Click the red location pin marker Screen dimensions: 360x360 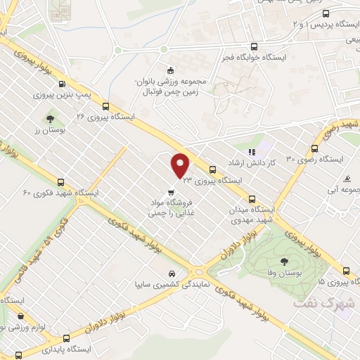[x=181, y=165]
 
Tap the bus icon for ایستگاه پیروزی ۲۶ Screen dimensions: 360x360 [x=105, y=108]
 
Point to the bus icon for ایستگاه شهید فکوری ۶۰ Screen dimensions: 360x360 [x=62, y=182]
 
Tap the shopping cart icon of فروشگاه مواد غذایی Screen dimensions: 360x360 [x=172, y=192]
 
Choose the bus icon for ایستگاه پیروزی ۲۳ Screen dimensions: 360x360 [x=212, y=169]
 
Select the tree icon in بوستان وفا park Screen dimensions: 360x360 [x=283, y=261]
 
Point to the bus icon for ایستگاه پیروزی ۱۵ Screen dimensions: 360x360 [x=345, y=271]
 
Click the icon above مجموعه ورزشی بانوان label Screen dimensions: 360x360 [x=169, y=70]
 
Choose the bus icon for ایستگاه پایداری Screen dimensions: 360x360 [x=65, y=337]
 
